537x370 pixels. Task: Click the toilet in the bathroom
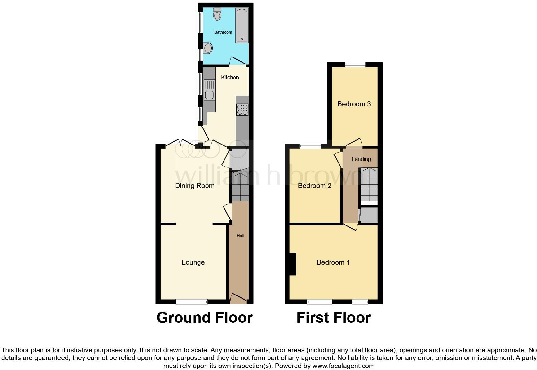(x=217, y=14)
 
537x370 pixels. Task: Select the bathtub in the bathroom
(x=242, y=26)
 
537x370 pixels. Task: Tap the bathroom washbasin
(x=208, y=49)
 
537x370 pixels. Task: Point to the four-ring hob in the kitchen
(x=242, y=110)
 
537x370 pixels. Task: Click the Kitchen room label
(x=230, y=77)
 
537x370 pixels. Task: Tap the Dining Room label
(x=195, y=186)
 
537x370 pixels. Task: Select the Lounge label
(x=193, y=262)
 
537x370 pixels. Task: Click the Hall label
(x=240, y=236)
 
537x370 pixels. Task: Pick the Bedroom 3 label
(x=354, y=104)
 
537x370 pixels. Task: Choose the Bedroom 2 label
(x=314, y=186)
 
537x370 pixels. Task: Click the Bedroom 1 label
(x=333, y=262)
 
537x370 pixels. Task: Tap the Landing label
(x=361, y=159)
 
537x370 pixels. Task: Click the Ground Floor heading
(x=205, y=318)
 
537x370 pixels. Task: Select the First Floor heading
(x=333, y=318)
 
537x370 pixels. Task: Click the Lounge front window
(x=192, y=302)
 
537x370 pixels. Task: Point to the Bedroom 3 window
(x=355, y=65)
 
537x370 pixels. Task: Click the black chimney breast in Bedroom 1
(x=292, y=264)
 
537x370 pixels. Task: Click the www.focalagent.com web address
(x=343, y=366)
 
